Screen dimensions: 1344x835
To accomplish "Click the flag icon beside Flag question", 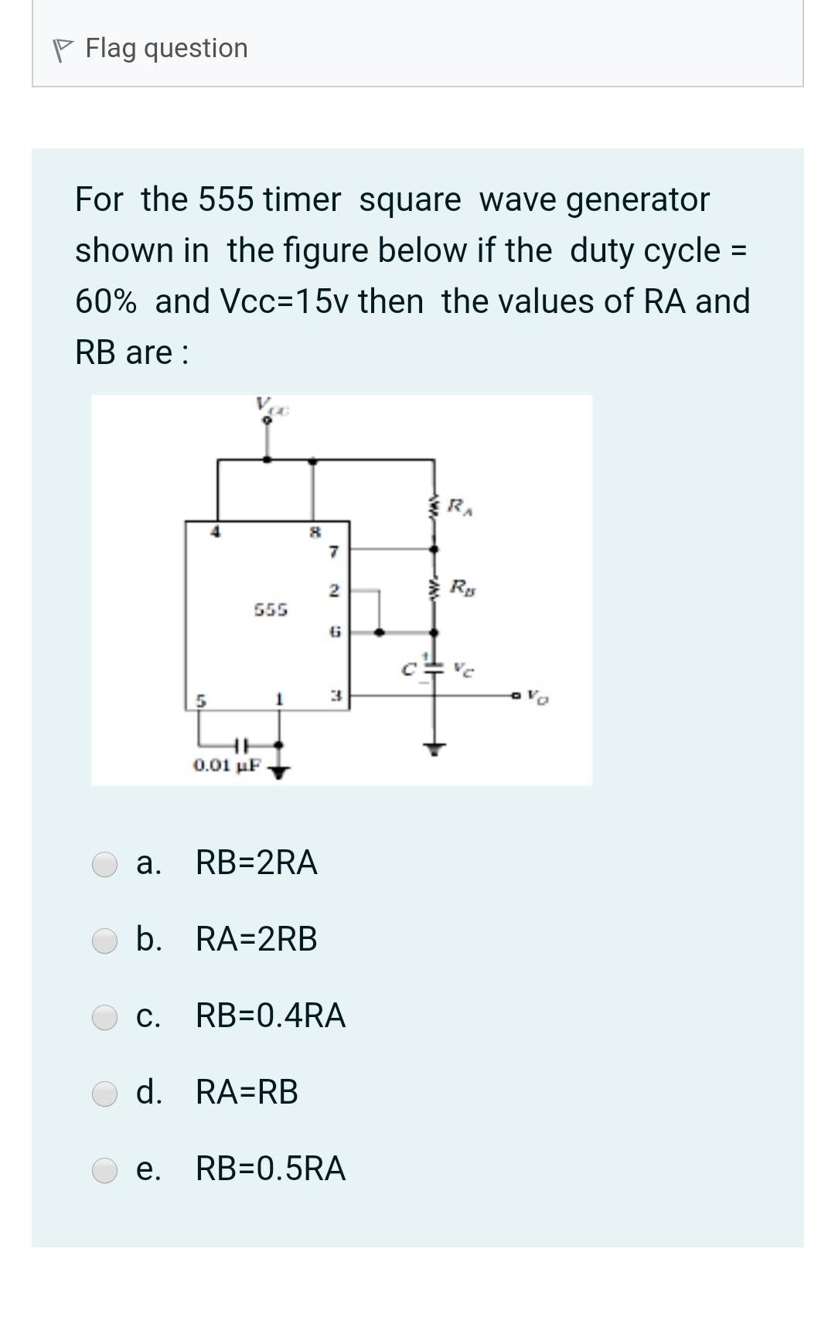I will click(x=62, y=49).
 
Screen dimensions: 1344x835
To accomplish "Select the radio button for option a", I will click(x=104, y=863).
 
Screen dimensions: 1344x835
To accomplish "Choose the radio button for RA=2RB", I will click(x=104, y=940).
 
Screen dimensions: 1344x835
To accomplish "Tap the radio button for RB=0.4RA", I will click(x=104, y=1016).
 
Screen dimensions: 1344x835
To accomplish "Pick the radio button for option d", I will click(x=104, y=1093).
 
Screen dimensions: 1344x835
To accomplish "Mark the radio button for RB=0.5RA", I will click(x=104, y=1169).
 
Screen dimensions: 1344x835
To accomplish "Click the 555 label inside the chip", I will click(x=271, y=610).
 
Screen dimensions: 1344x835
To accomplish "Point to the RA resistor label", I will click(x=461, y=508).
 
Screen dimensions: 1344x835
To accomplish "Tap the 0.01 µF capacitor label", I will click(x=227, y=766).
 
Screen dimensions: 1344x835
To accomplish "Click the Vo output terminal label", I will click(x=538, y=697).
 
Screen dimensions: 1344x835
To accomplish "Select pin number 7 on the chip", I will click(x=333, y=552).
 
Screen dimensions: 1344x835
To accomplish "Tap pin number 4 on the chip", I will click(x=217, y=532).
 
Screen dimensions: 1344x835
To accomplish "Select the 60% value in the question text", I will click(x=106, y=301).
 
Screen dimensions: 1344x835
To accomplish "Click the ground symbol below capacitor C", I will click(x=435, y=748).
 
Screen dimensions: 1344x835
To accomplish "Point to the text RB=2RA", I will click(x=256, y=863).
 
